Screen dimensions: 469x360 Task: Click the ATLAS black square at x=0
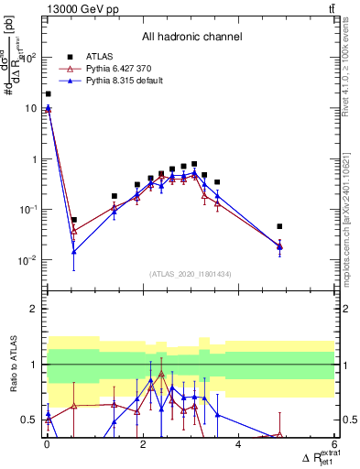[48, 93]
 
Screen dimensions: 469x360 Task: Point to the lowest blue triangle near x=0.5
[73, 252]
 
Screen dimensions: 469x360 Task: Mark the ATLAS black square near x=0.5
[73, 220]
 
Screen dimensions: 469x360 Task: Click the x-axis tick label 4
[238, 445]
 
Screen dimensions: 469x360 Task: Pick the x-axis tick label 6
[334, 445]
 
